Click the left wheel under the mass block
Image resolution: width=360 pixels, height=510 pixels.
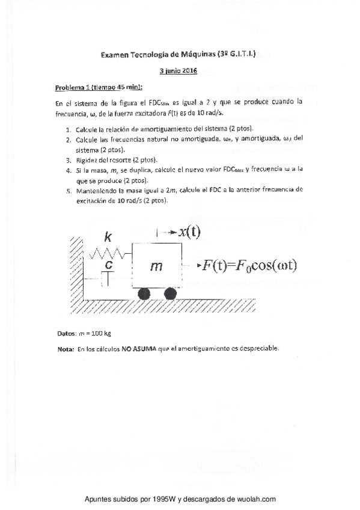pyautogui.click(x=144, y=294)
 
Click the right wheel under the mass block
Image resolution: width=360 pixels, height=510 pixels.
pyautogui.click(x=170, y=294)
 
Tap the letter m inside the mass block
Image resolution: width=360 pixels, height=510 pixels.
pyautogui.click(x=157, y=265)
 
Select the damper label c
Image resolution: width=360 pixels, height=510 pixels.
pyautogui.click(x=108, y=263)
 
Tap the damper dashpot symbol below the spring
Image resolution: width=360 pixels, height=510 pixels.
pyautogui.click(x=108, y=277)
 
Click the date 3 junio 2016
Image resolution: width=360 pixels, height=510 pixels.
pyautogui.click(x=179, y=70)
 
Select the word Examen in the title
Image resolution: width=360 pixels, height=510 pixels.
pyautogui.click(x=115, y=55)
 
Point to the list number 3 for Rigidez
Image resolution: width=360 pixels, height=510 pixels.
pyautogui.click(x=69, y=159)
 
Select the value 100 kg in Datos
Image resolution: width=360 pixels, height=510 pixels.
pyautogui.click(x=99, y=333)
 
